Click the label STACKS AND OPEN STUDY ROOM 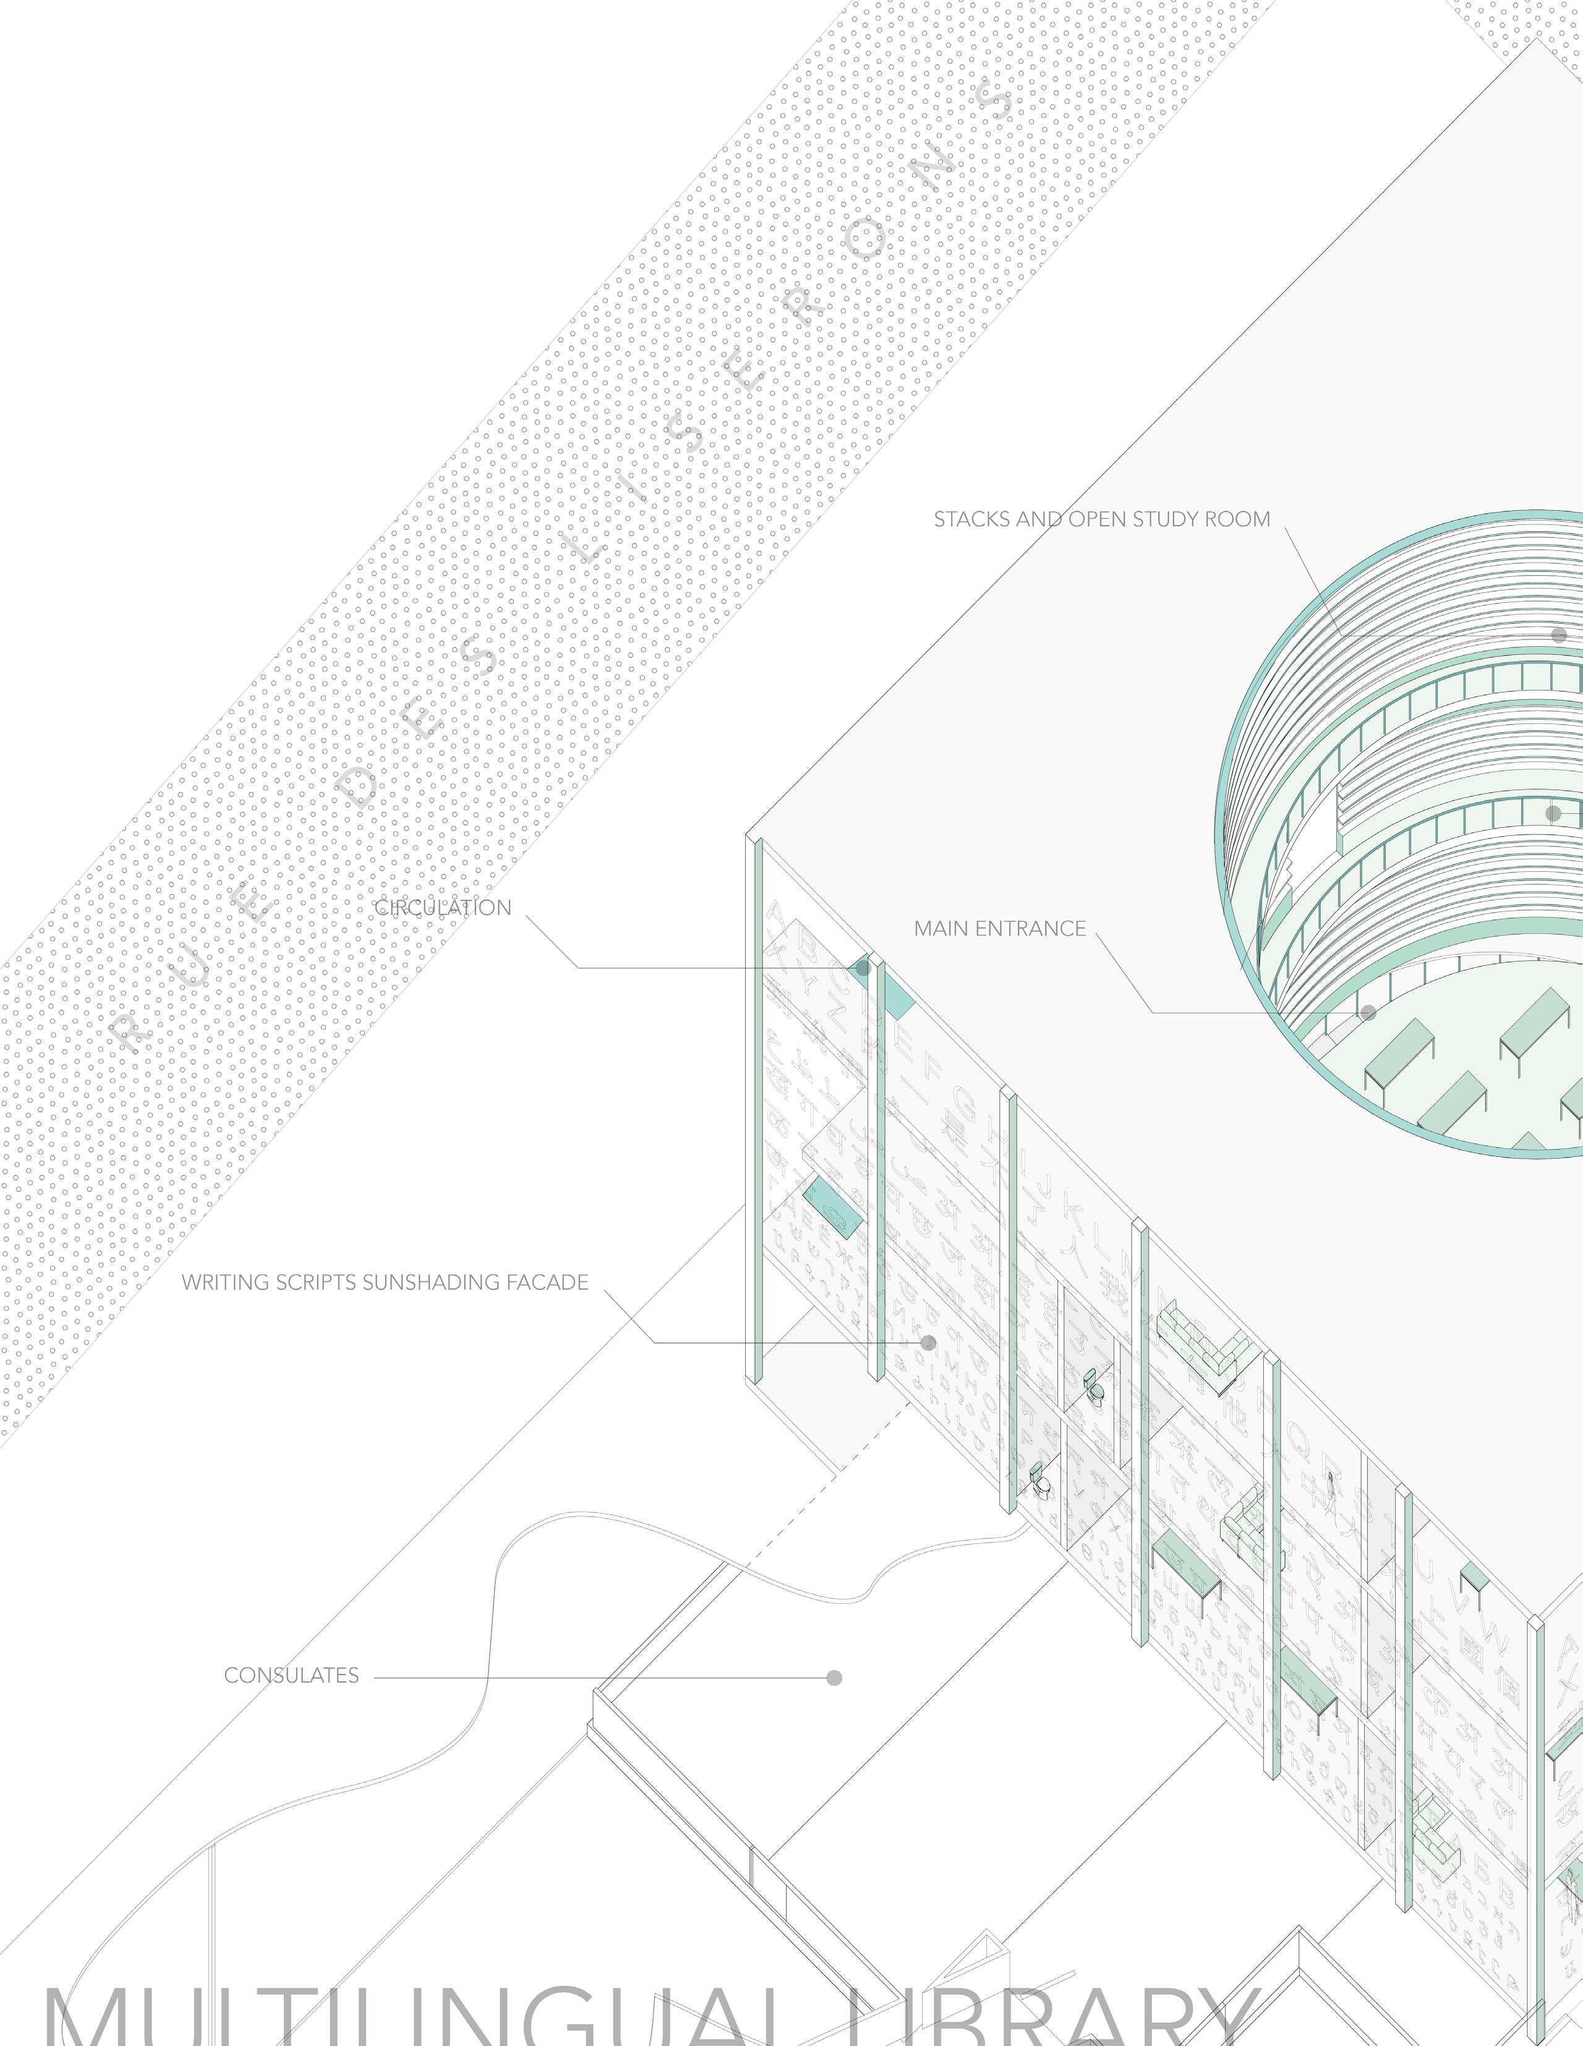click(x=1101, y=519)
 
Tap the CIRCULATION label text click(x=443, y=908)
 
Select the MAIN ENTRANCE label click(x=999, y=928)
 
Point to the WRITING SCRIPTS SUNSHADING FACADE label click(x=385, y=1282)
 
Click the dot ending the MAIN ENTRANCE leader click(x=1368, y=1013)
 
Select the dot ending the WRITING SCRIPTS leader click(x=928, y=1342)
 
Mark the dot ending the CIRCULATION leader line click(x=863, y=968)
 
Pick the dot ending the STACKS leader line click(x=1559, y=635)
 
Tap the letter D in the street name click(x=359, y=790)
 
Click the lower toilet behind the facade click(x=1041, y=1482)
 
